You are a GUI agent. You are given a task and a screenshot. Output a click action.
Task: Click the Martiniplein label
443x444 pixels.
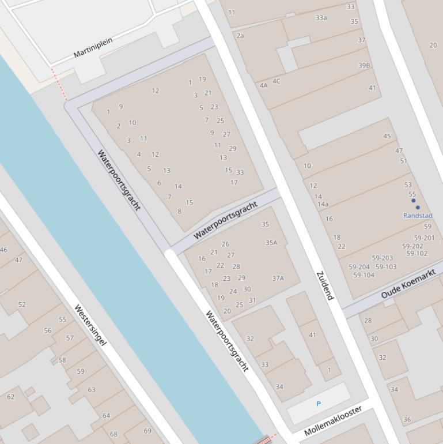pyautogui.click(x=93, y=47)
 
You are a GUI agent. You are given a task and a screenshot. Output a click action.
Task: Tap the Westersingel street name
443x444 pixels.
pyautogui.click(x=90, y=325)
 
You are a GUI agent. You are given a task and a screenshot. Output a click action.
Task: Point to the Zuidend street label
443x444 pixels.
pyautogui.click(x=325, y=285)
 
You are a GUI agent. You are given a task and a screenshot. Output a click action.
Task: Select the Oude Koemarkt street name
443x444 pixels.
pyautogui.click(x=408, y=287)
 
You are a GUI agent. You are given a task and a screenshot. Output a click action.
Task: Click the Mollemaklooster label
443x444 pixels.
pyautogui.click(x=333, y=420)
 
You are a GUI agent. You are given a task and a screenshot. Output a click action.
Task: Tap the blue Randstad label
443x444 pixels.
pyautogui.click(x=418, y=216)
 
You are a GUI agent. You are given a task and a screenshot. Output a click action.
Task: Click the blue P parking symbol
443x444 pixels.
pyautogui.click(x=319, y=404)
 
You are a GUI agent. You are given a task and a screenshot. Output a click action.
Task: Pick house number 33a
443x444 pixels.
pyautogui.click(x=321, y=18)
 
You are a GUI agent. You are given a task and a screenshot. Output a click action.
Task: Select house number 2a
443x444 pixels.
pyautogui.click(x=240, y=36)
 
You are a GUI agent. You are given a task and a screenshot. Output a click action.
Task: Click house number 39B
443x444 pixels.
pyautogui.click(x=364, y=66)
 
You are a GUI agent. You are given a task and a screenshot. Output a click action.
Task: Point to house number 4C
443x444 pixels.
pyautogui.click(x=277, y=81)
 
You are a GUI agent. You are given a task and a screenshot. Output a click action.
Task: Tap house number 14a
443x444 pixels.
pyautogui.click(x=323, y=204)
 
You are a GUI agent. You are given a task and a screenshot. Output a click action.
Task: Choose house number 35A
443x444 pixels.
pyautogui.click(x=271, y=243)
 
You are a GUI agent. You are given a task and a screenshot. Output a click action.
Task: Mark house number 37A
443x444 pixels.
pyautogui.click(x=278, y=278)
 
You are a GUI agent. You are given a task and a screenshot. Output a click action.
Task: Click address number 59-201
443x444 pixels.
pyautogui.click(x=424, y=238)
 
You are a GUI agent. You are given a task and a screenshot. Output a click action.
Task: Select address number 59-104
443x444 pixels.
pyautogui.click(x=364, y=275)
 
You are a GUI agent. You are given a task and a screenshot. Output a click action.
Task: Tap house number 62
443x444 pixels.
pyautogui.click(x=11, y=397)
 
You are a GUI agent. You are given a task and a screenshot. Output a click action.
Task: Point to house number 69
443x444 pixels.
pyautogui.click(x=147, y=431)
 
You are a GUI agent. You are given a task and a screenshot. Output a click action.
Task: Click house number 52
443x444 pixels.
pyautogui.click(x=22, y=304)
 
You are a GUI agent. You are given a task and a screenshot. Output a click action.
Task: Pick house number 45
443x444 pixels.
pyautogui.click(x=387, y=137)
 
